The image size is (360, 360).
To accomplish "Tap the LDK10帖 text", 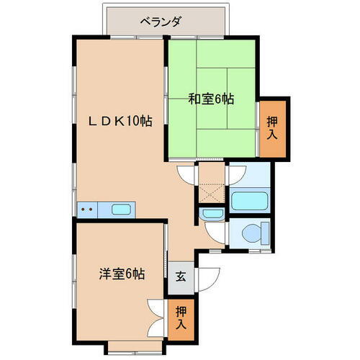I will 120,121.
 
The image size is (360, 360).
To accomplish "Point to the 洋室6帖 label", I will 122,274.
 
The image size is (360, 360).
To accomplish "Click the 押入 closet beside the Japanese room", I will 271,128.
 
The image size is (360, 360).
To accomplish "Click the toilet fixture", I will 253,232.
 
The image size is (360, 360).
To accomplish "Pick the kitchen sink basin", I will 121,210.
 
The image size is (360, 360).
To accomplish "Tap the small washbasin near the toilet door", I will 212,214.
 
